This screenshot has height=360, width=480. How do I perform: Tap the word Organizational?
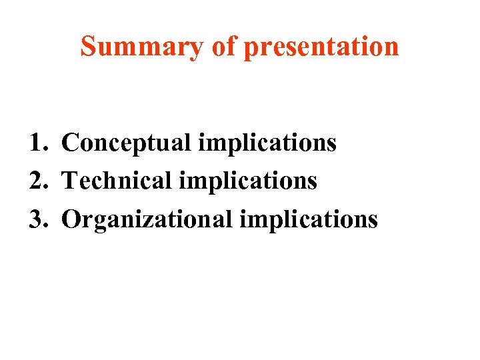tap(145, 219)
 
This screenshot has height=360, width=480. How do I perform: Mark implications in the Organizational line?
tap(308, 219)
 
